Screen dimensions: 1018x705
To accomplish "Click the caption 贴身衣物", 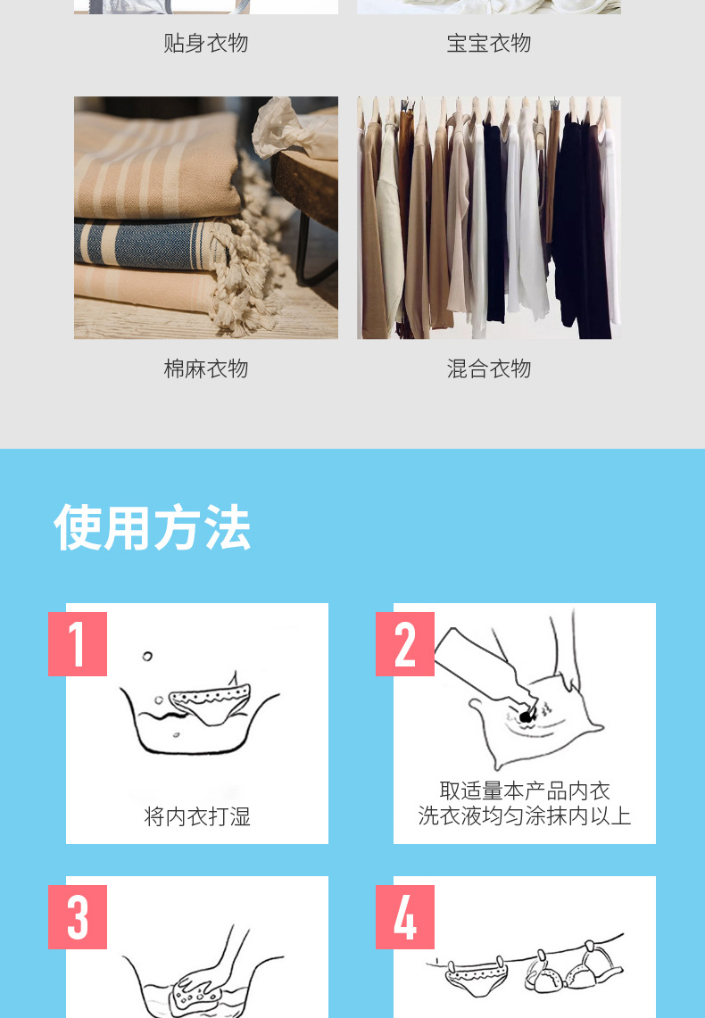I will pyautogui.click(x=205, y=43).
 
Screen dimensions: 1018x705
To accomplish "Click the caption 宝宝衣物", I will pyautogui.click(x=488, y=43).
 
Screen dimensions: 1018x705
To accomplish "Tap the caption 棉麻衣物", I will pyautogui.click(x=205, y=368).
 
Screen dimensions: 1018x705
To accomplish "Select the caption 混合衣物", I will pyautogui.click(x=488, y=368).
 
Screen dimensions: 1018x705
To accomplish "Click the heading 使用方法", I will pyautogui.click(x=152, y=527).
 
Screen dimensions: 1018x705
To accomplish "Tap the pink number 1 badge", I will pyautogui.click(x=78, y=643).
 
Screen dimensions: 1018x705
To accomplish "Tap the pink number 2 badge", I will pyautogui.click(x=405, y=643).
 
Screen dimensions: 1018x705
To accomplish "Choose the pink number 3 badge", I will pyautogui.click(x=78, y=916).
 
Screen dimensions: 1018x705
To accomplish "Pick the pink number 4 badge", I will pyautogui.click(x=405, y=916).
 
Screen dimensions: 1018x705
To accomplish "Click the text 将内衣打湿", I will pyautogui.click(x=197, y=816).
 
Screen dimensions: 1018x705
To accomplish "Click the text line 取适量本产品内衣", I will pyautogui.click(x=525, y=790).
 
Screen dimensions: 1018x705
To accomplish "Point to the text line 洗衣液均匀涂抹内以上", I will pyautogui.click(x=525, y=815).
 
